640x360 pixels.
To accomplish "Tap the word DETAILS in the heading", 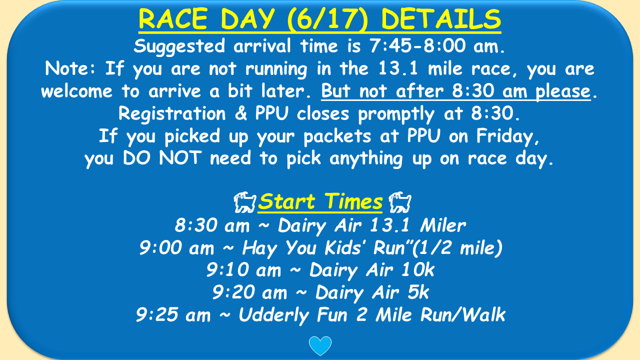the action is tap(441, 19).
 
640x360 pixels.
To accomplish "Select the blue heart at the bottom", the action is tap(320, 345).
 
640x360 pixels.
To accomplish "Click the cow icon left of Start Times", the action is tap(245, 202).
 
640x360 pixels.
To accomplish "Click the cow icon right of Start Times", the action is tap(400, 202).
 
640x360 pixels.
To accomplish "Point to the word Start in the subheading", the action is tap(286, 201).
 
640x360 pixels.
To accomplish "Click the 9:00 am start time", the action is tap(176, 247).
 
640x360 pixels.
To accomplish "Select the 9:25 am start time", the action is tap(173, 314).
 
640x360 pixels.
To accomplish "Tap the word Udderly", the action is tap(273, 315).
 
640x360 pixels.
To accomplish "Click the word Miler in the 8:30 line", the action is tap(443, 225).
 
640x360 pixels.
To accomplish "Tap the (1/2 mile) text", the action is tap(457, 247).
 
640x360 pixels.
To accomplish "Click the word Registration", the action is tap(172, 113).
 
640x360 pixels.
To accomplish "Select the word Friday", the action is tap(507, 136).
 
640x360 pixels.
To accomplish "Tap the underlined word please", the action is tap(563, 91).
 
